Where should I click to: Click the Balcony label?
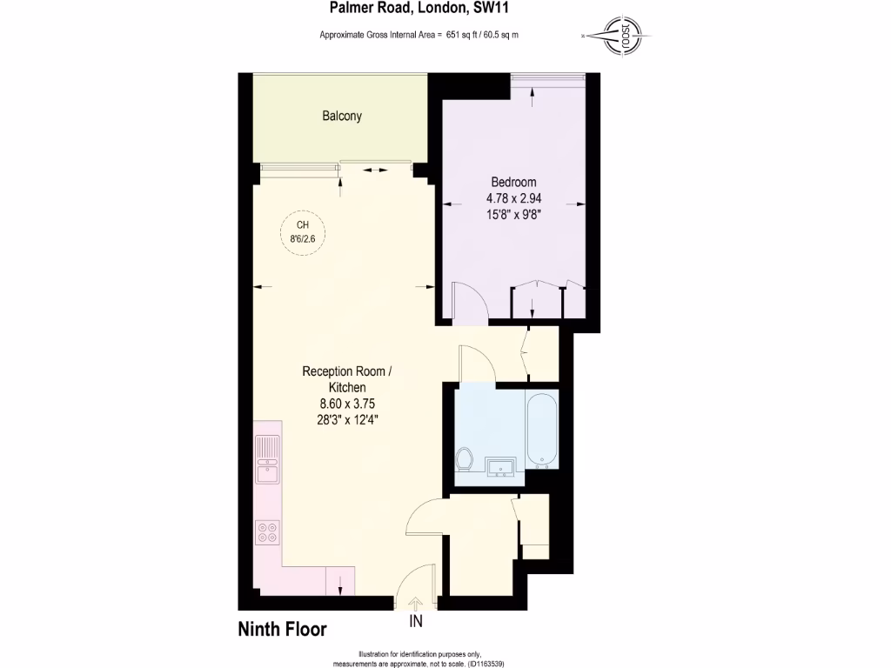click(x=342, y=116)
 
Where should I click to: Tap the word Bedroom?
click(x=513, y=182)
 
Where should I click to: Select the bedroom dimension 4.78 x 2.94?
click(x=513, y=197)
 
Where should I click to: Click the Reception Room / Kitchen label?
click(x=347, y=379)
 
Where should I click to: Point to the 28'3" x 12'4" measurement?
click(x=347, y=418)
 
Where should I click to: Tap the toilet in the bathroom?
click(x=464, y=458)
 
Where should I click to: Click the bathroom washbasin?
click(x=501, y=468)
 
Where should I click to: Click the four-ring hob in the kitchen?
click(x=268, y=531)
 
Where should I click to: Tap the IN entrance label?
click(x=416, y=622)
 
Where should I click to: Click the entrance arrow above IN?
click(x=416, y=603)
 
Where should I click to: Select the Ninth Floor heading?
click(x=283, y=629)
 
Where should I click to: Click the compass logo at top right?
click(x=624, y=37)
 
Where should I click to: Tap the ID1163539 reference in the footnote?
click(x=484, y=664)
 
